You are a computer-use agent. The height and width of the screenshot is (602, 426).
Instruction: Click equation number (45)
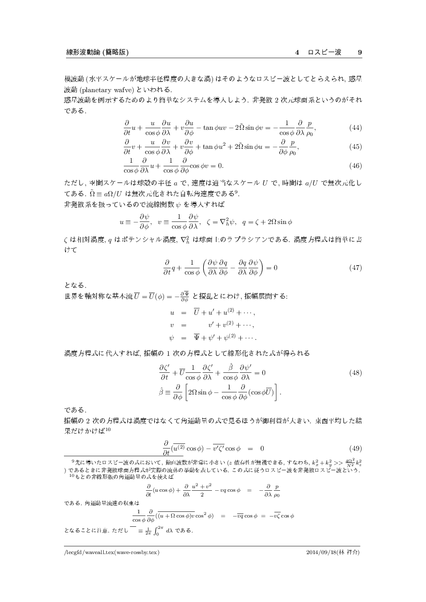click(355, 147)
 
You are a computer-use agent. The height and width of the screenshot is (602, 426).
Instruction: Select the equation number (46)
click(355, 166)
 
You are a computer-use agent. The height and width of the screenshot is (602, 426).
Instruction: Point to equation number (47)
click(355, 268)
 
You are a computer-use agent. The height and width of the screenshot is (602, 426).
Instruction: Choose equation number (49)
click(355, 447)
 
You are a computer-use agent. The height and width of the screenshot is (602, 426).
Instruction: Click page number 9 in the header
click(359, 52)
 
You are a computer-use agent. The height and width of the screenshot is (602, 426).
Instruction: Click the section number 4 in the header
click(297, 52)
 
